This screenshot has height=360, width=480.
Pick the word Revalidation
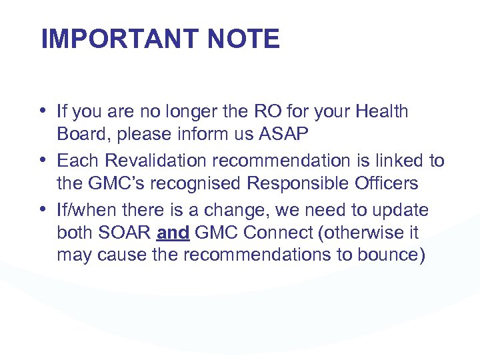(x=148, y=161)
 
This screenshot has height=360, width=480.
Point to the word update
(x=402, y=210)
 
